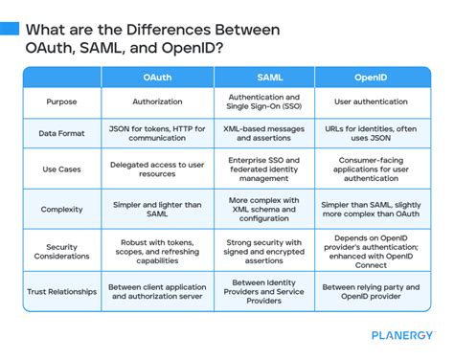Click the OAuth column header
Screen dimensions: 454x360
[x=157, y=78]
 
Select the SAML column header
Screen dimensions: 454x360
[x=270, y=78]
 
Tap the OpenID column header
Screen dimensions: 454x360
[x=371, y=78]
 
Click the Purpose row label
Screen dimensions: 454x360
[x=61, y=101]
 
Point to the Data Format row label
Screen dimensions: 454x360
[x=61, y=133]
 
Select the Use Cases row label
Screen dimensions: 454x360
[x=61, y=169]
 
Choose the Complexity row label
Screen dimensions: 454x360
[x=61, y=210]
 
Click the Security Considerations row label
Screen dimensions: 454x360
[x=61, y=252]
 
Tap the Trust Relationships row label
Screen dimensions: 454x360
[x=61, y=292]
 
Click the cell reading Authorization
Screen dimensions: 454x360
[x=157, y=101]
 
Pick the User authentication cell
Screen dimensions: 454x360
[x=371, y=101]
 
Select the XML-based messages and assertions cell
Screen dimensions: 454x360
[x=263, y=133]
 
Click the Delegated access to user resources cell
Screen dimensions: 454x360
[x=157, y=169]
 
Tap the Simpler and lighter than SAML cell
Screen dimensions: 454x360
[x=157, y=210]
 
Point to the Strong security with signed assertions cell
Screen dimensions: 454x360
[x=263, y=252]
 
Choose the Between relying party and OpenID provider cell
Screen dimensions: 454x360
[x=371, y=292]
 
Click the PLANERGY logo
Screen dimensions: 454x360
[x=402, y=335]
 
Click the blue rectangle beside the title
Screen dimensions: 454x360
[x=10, y=29]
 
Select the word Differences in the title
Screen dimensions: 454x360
[x=169, y=30]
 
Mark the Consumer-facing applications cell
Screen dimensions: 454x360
[x=371, y=169]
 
